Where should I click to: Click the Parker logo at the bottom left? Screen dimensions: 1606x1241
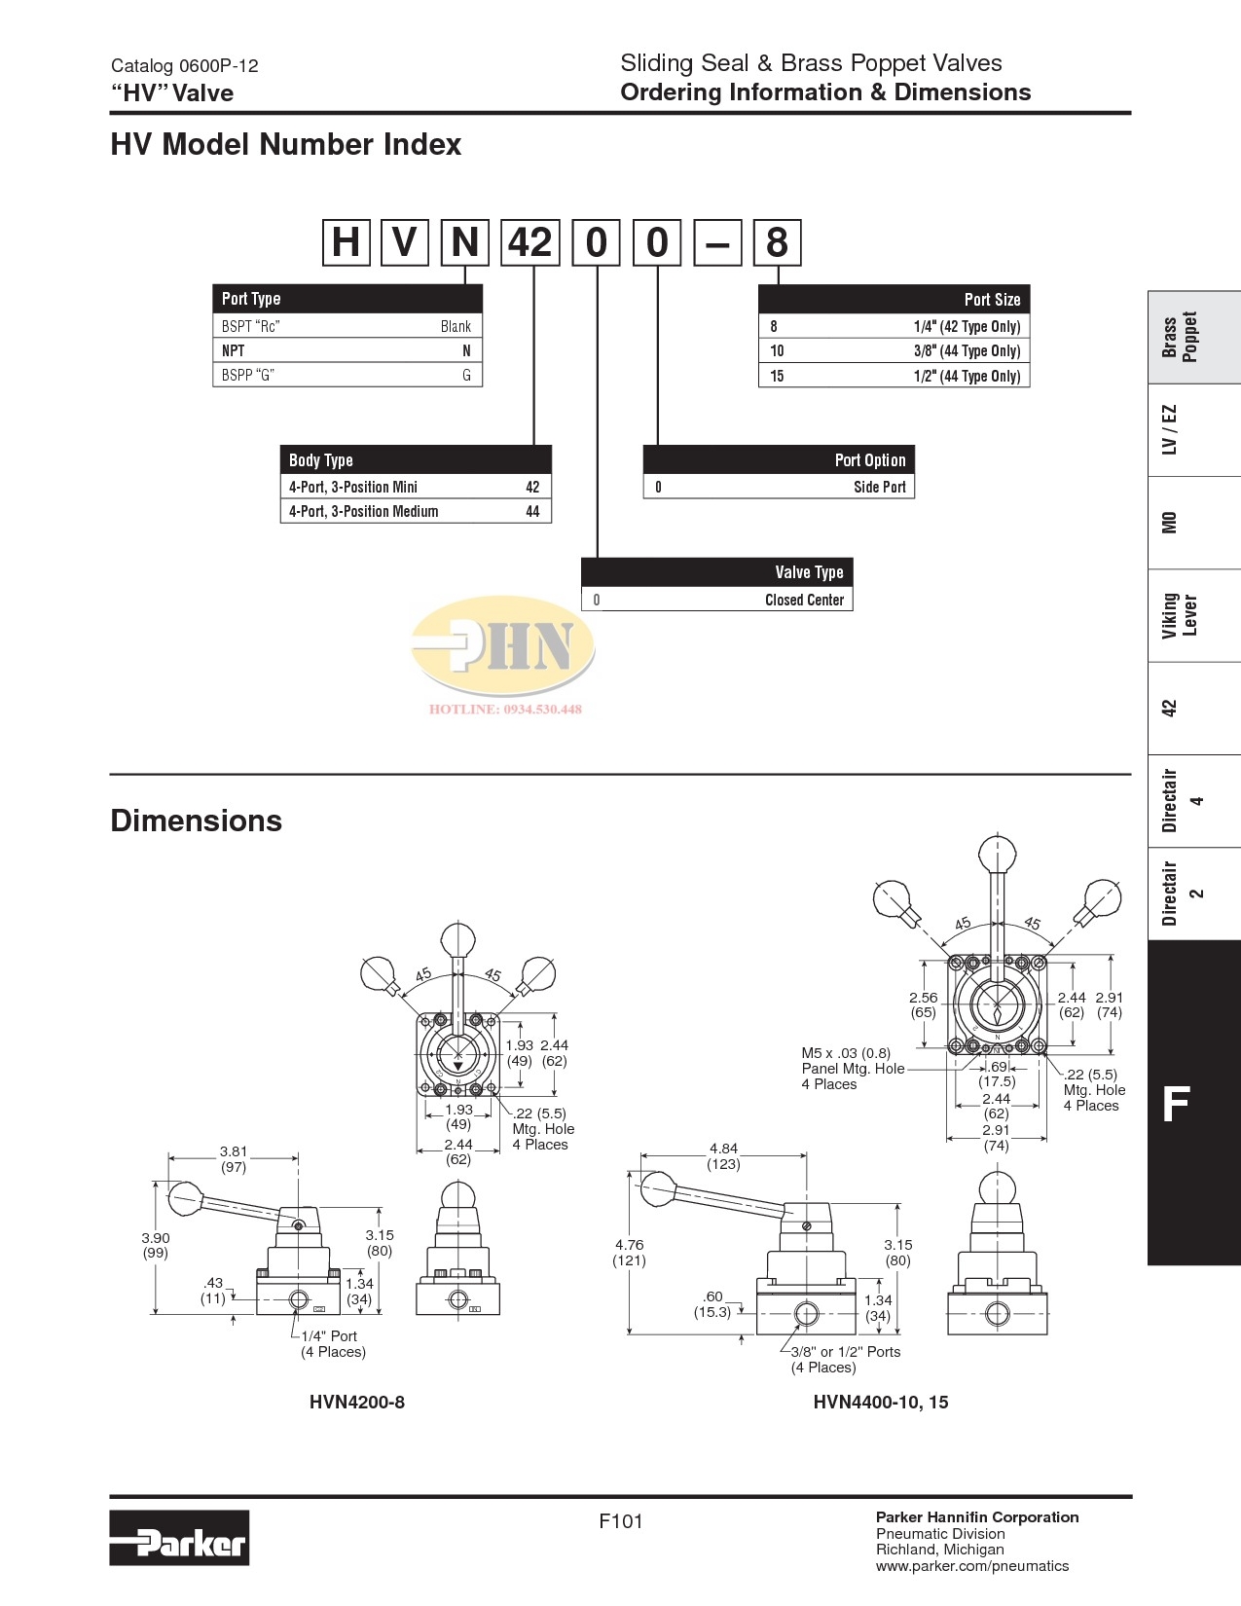tap(179, 1537)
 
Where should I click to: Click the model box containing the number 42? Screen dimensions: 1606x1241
tap(530, 242)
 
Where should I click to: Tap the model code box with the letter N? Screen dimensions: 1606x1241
tap(464, 242)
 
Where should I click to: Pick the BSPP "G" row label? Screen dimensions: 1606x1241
tap(247, 375)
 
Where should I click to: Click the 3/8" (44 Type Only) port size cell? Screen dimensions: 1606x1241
tap(966, 351)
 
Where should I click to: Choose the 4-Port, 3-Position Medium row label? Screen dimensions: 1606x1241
tap(363, 511)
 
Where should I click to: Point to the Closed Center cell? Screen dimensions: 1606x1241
tap(804, 600)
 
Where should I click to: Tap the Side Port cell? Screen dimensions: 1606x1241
tap(879, 487)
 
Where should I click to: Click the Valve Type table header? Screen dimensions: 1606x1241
tap(809, 572)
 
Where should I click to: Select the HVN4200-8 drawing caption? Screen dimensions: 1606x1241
tap(356, 1402)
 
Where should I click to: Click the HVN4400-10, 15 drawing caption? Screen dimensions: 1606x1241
tap(880, 1402)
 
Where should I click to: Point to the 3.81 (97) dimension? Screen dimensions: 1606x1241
tap(233, 1158)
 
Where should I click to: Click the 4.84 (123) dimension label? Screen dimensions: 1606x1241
tap(723, 1155)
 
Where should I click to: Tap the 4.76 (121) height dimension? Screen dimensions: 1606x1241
tap(629, 1252)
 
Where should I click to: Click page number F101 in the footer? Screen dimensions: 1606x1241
tap(620, 1521)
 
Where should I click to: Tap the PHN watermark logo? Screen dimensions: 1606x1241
tap(503, 649)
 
